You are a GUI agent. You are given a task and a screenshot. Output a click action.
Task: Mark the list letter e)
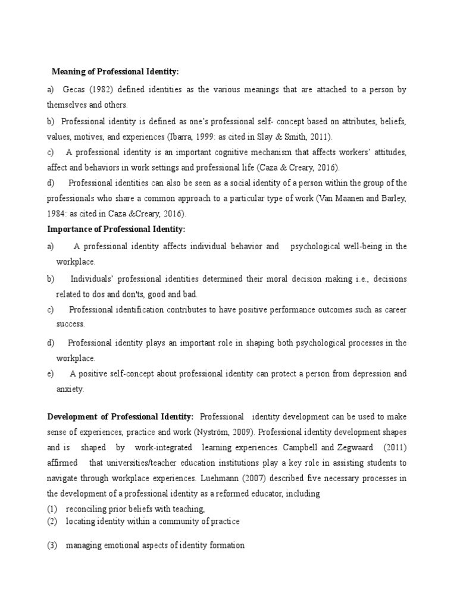51,374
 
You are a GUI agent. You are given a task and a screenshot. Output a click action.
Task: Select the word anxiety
70,390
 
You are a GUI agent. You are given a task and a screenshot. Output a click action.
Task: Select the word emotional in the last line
120,545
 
